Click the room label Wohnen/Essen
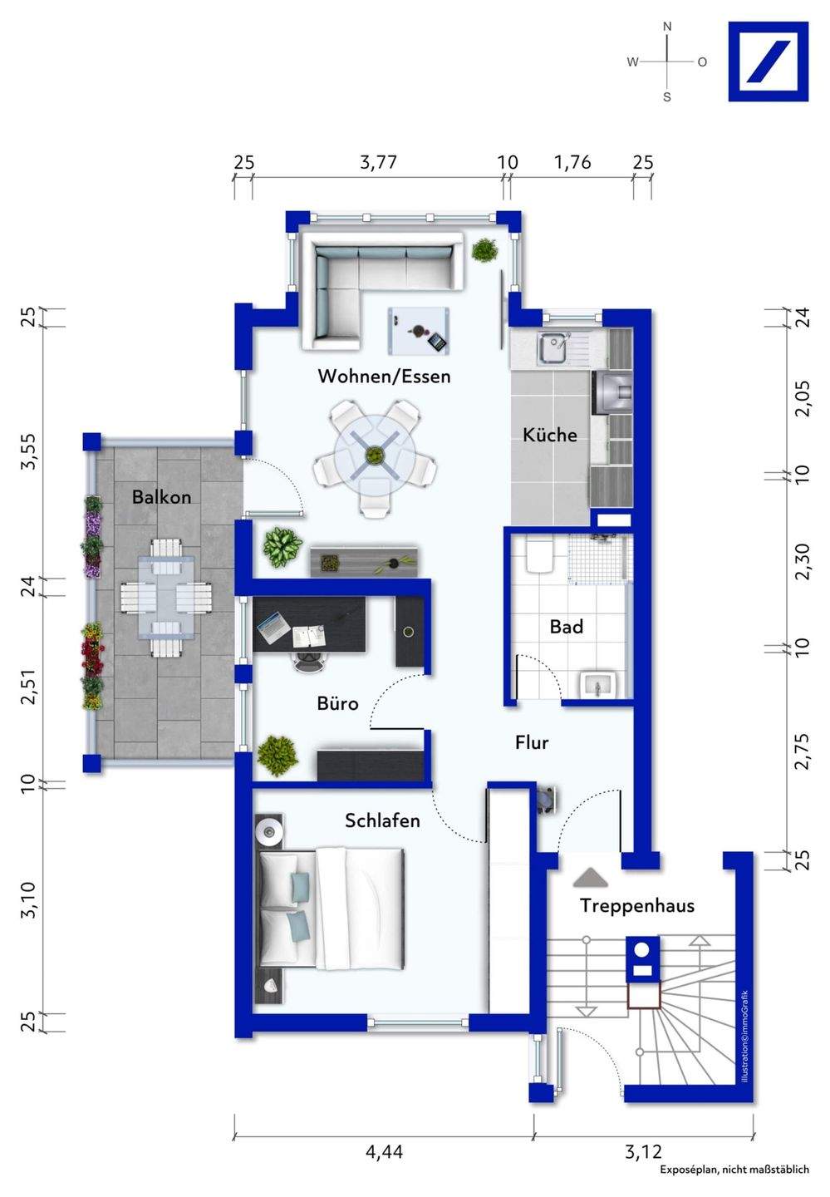(x=384, y=377)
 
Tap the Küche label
(x=550, y=435)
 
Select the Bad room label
(x=566, y=626)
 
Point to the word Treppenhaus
(x=637, y=905)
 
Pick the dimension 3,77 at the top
(x=378, y=162)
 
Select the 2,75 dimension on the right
(x=803, y=751)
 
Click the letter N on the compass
(x=666, y=27)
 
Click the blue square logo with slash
(x=768, y=62)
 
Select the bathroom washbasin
(x=599, y=684)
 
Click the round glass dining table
(x=375, y=456)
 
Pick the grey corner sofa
(x=381, y=291)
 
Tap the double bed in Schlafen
(x=330, y=909)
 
